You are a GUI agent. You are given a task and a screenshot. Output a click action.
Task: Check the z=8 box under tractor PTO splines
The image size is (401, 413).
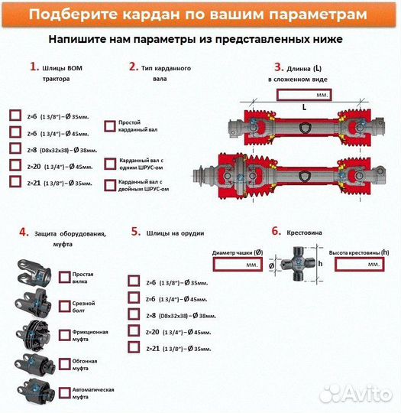(x=15, y=148)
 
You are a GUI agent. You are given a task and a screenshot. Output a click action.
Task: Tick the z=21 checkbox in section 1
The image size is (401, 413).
(x=15, y=182)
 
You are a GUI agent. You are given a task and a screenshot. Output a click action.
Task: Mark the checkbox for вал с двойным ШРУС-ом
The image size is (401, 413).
(x=109, y=184)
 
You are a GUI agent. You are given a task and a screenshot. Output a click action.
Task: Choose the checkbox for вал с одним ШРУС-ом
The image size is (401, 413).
(x=109, y=164)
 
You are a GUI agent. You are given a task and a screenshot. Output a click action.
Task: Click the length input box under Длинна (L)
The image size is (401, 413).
(x=303, y=95)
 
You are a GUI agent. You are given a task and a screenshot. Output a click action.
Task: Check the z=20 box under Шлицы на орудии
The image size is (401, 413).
(x=134, y=331)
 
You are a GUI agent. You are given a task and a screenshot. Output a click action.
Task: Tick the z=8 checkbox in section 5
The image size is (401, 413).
(x=134, y=314)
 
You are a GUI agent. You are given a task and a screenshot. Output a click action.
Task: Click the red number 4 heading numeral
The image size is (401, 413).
(x=23, y=232)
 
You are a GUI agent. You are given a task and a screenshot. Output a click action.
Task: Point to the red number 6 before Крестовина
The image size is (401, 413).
(x=276, y=229)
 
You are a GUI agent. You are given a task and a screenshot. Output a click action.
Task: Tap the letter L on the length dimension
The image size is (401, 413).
(x=303, y=108)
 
